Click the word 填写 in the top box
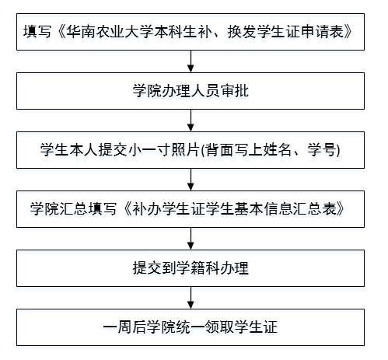[x=37, y=32]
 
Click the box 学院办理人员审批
[x=191, y=91]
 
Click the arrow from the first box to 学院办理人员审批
[x=191, y=61]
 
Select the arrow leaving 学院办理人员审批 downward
[x=191, y=121]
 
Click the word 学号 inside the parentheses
[x=322, y=150]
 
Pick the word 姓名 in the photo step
[x=278, y=150]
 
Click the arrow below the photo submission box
[x=191, y=180]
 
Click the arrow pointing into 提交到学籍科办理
[x=191, y=239]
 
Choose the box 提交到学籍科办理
[x=191, y=268]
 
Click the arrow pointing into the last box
[x=191, y=298]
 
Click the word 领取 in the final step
[x=219, y=327]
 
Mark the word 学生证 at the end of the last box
[x=256, y=327]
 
